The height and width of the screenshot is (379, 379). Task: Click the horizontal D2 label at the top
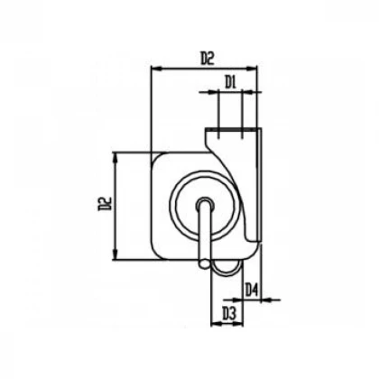[208, 58]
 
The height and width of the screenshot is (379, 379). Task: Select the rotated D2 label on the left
[105, 204]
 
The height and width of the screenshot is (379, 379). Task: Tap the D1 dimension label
[230, 82]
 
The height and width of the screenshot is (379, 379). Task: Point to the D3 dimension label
[228, 313]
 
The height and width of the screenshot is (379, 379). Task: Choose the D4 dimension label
[252, 290]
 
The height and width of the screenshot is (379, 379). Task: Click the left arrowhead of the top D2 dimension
[156, 69]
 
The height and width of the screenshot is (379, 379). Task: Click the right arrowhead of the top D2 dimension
[252, 69]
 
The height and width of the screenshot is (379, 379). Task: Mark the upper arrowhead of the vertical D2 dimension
[115, 158]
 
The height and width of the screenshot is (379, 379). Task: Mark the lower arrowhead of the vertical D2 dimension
[115, 254]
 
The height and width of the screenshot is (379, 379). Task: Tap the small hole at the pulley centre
[206, 204]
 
